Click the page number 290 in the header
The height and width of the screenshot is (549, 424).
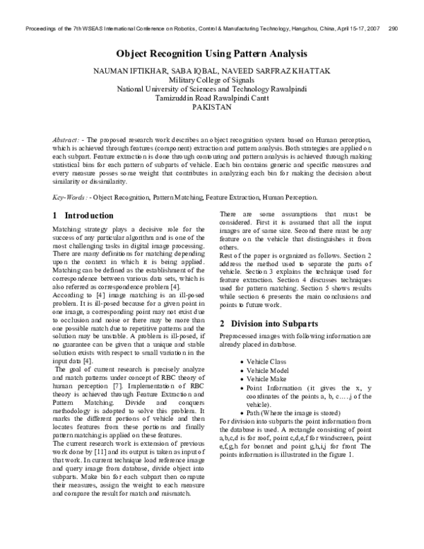[x=396, y=30]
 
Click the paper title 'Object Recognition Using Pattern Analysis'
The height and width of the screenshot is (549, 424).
[x=211, y=53]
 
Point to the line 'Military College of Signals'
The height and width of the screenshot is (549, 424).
[x=211, y=82]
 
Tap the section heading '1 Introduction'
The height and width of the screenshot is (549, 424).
[x=83, y=215]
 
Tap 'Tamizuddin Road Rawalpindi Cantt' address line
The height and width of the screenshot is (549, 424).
[x=211, y=102]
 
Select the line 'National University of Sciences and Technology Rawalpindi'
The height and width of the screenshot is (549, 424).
[x=211, y=92]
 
